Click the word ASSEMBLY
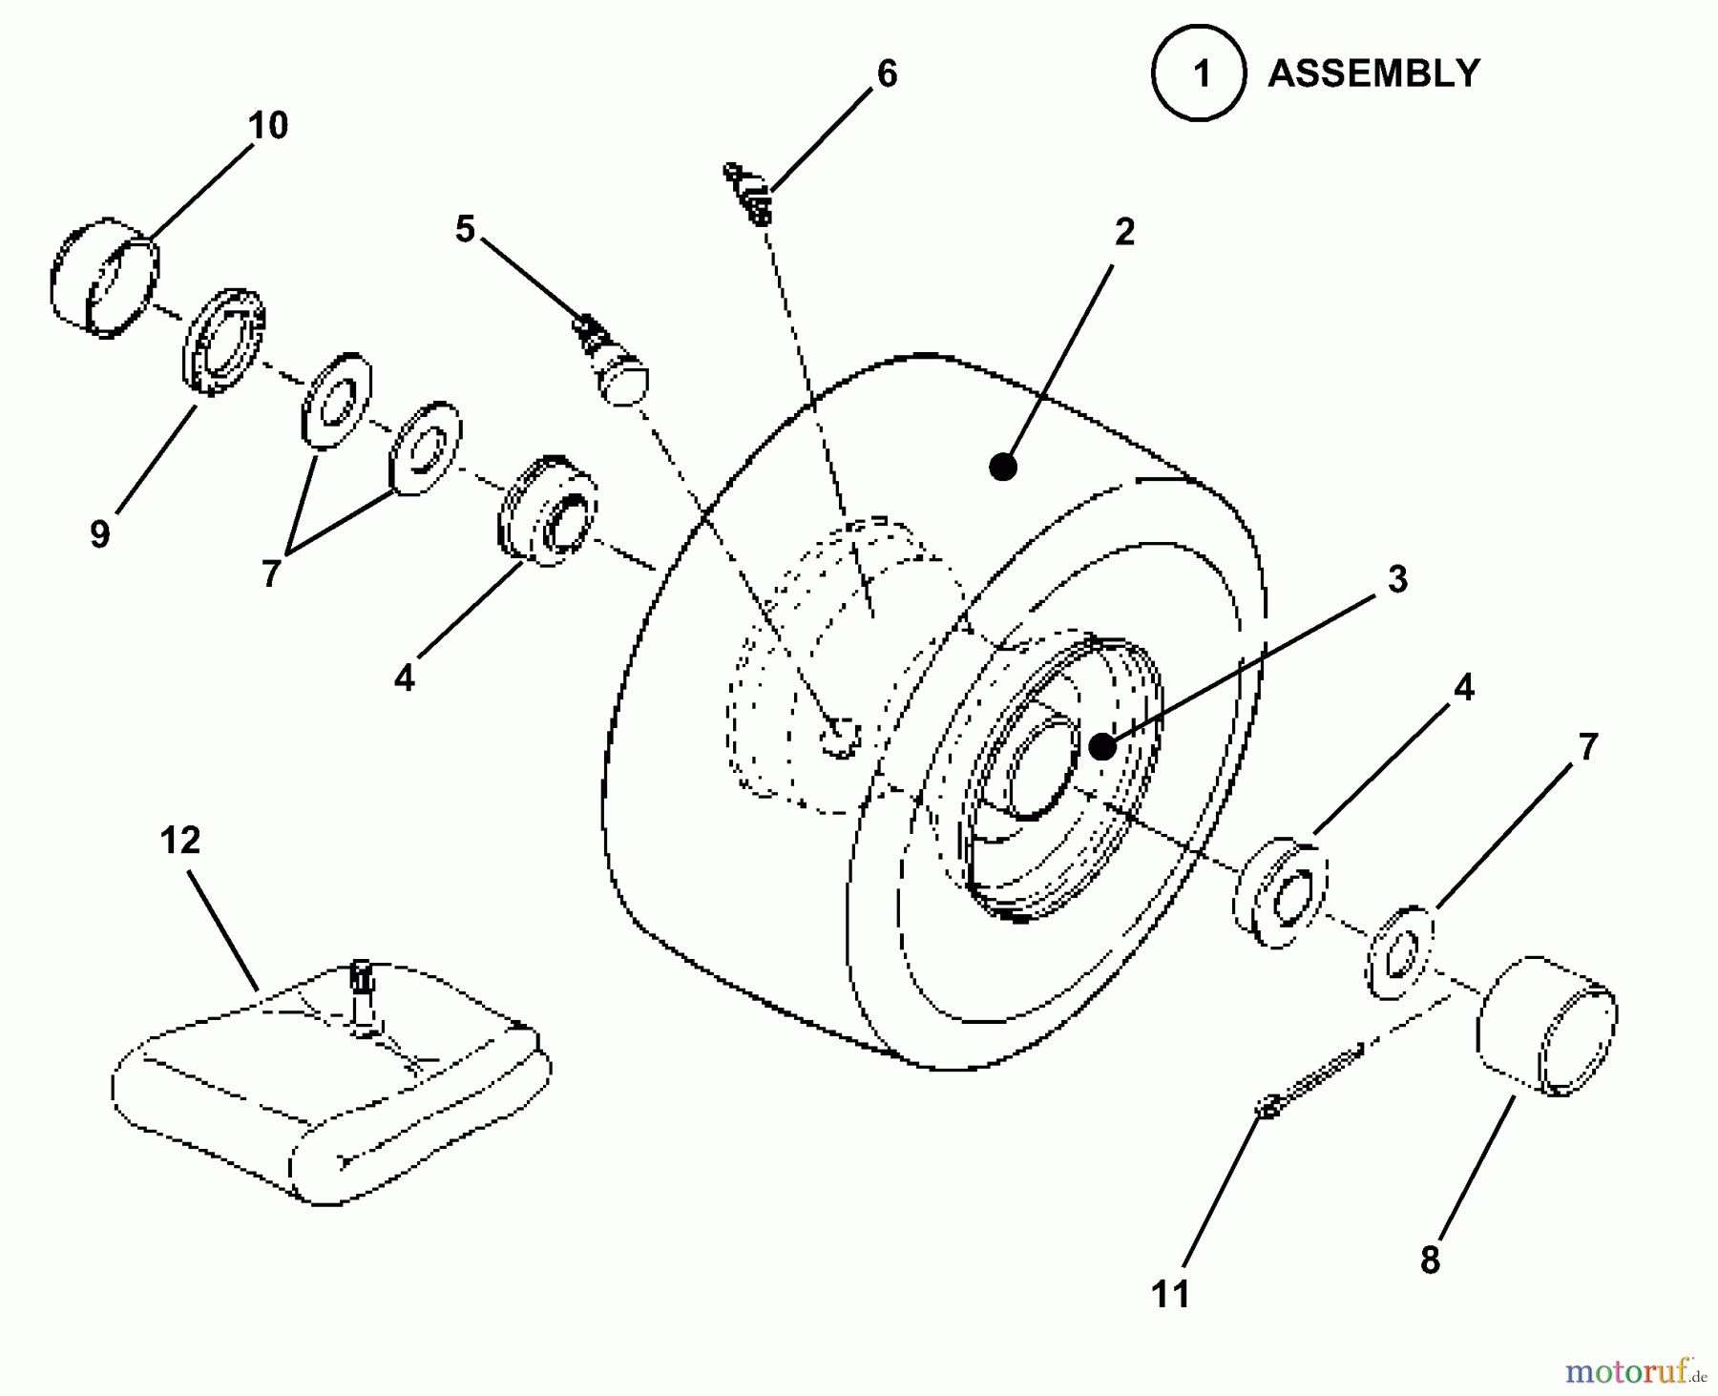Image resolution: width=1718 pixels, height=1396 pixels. (x=1373, y=73)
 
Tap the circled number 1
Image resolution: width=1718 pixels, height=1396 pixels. (x=1199, y=73)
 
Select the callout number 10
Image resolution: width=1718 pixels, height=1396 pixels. (x=268, y=126)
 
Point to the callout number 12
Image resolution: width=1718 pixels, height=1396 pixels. (x=180, y=841)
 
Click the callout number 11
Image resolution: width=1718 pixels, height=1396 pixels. (x=1171, y=1294)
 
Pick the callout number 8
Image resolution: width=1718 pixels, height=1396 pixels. (x=1429, y=1260)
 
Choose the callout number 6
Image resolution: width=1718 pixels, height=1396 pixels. (x=887, y=73)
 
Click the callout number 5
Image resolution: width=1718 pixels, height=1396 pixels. (x=465, y=229)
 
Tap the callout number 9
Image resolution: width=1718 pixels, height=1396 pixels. (x=100, y=533)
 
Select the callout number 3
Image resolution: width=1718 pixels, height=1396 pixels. (x=1397, y=578)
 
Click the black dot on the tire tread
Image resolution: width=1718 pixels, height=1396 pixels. (x=1002, y=467)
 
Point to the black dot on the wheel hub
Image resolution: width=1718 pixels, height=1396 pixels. (x=1102, y=746)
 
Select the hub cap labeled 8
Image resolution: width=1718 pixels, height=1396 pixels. (x=1545, y=1027)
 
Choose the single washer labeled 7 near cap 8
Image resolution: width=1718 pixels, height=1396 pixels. (x=1400, y=953)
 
